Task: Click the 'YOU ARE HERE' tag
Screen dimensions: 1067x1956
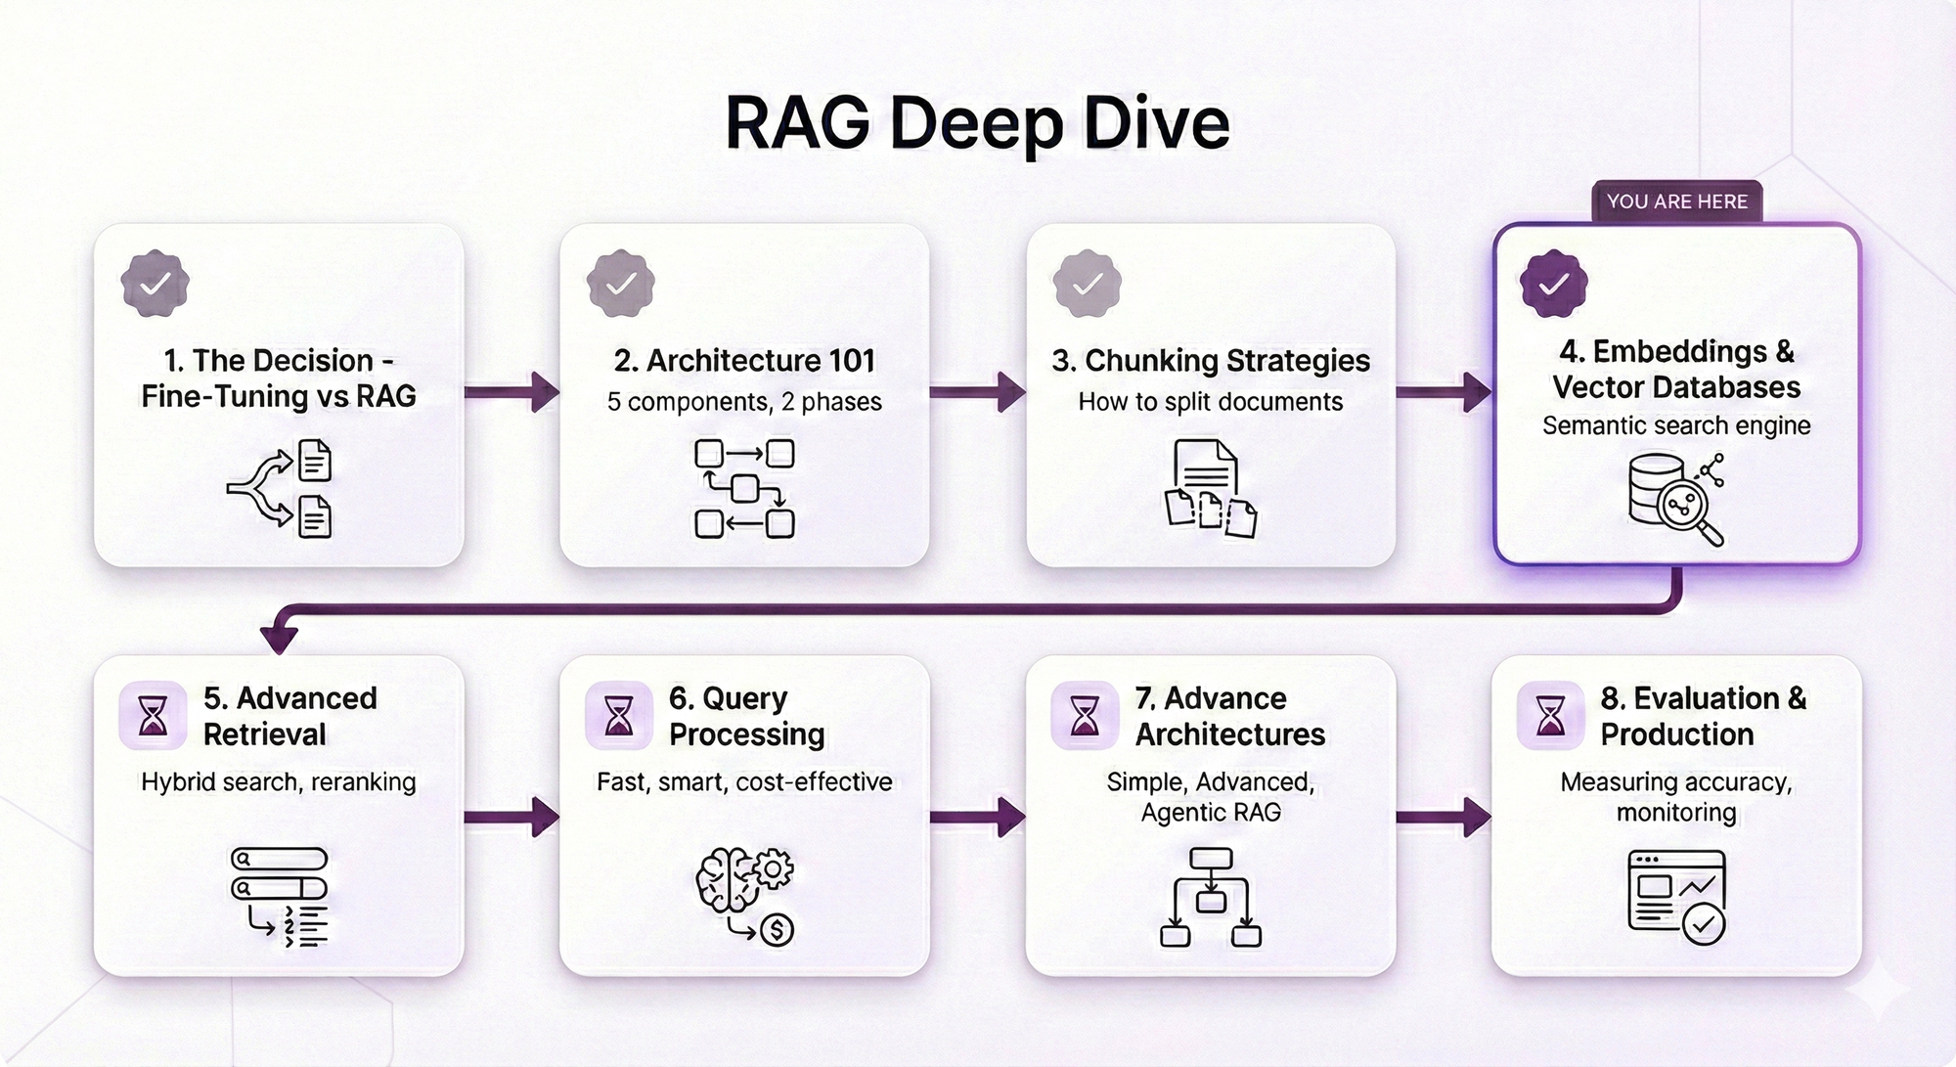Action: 1676,201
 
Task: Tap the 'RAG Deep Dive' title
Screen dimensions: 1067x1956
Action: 977,123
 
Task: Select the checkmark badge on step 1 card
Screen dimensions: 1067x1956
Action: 155,284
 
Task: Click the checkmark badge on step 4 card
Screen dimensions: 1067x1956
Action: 1553,284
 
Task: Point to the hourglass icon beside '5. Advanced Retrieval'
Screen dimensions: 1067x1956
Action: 153,716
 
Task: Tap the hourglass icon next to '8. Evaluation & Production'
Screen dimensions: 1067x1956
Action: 1550,716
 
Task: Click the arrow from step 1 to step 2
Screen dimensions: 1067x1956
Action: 511,392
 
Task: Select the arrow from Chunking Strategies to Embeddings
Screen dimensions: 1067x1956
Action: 1444,392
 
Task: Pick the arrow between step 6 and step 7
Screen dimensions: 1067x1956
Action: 977,817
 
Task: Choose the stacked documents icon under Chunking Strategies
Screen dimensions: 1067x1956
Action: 1211,488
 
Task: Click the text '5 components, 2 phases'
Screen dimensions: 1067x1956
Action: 744,402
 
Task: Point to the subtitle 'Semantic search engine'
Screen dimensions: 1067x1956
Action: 1676,425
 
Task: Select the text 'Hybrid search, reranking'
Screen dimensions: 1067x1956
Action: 279,782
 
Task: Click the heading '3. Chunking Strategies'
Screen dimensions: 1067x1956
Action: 1211,361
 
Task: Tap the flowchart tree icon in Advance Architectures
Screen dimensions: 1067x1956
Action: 1211,897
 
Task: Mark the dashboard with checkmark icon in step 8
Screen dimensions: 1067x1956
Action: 1676,896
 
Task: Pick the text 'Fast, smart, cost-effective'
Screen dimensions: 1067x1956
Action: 744,782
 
